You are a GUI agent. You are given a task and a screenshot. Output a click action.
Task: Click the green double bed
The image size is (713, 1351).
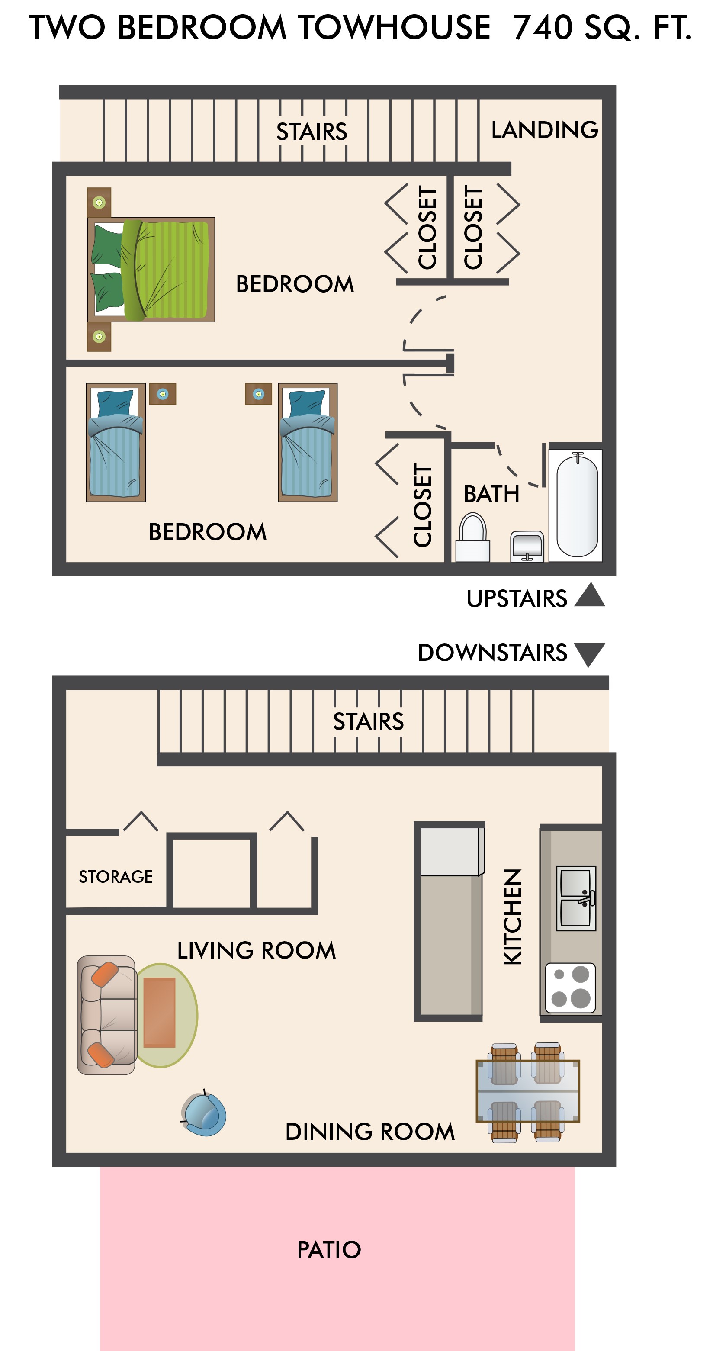coord(151,270)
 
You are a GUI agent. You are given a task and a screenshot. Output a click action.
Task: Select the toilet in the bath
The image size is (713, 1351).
coord(473,537)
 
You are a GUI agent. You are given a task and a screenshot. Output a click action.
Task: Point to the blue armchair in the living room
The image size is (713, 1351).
coord(203,1114)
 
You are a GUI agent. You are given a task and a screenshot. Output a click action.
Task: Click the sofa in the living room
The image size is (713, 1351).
coord(107,1015)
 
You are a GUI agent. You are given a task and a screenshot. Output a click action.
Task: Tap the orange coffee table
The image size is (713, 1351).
coord(159,1012)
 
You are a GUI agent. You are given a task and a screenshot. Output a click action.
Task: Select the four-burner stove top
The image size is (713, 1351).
coord(570,988)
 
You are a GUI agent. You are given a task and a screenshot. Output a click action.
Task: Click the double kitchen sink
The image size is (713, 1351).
coord(576,898)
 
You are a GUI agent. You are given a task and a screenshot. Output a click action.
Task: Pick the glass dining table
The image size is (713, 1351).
coord(527,1091)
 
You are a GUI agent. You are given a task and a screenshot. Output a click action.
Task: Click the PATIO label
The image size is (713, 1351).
coord(329,1250)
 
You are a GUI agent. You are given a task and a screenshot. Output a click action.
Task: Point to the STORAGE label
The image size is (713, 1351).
coord(116,876)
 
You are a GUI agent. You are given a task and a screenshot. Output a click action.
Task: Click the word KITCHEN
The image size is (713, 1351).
coord(513,917)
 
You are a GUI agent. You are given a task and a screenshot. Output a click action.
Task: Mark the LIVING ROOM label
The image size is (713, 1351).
coord(257,950)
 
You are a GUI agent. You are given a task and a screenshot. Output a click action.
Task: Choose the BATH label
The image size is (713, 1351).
coord(491,493)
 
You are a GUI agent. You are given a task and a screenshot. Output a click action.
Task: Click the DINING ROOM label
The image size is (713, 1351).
coord(369,1132)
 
